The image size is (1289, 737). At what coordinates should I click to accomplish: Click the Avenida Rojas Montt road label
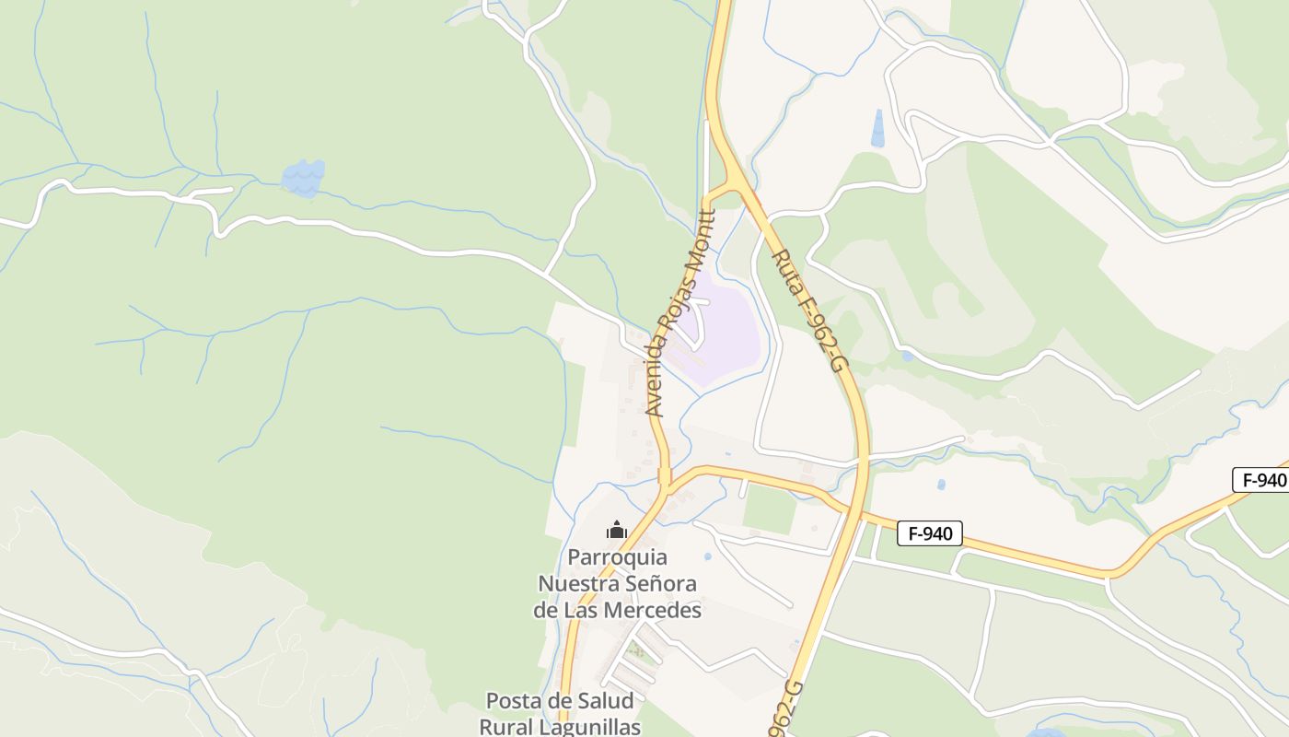pos(680,313)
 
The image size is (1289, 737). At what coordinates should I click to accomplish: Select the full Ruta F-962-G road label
pos(808,310)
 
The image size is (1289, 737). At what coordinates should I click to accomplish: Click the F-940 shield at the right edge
pos(1260,480)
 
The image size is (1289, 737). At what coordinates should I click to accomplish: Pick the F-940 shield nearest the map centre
pos(930,532)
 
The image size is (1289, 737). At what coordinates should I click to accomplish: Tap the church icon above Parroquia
pos(617,530)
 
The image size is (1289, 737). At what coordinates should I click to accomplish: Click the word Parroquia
pos(617,557)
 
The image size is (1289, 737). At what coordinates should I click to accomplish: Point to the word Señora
pos(660,584)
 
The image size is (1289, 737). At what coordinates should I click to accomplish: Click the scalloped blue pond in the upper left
pos(303,177)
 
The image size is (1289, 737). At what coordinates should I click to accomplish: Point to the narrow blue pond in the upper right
pos(877,128)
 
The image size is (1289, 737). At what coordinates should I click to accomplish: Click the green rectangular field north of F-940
pos(770,509)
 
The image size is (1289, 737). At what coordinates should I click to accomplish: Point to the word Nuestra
pos(577,584)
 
